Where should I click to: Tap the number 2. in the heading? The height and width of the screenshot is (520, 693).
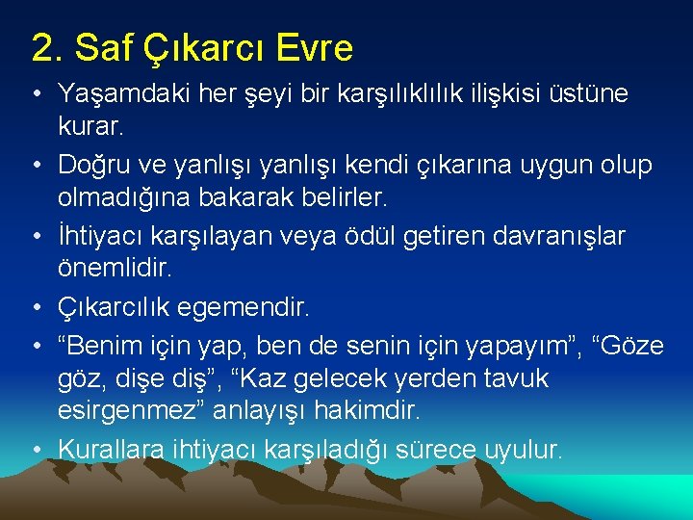coord(46,47)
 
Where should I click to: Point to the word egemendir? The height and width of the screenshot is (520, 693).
coord(248,308)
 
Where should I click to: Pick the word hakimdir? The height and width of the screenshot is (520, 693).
coord(371,409)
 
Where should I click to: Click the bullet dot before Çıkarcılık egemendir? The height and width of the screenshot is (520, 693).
coord(34,309)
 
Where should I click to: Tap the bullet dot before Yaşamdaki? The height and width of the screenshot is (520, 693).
coord(34,95)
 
